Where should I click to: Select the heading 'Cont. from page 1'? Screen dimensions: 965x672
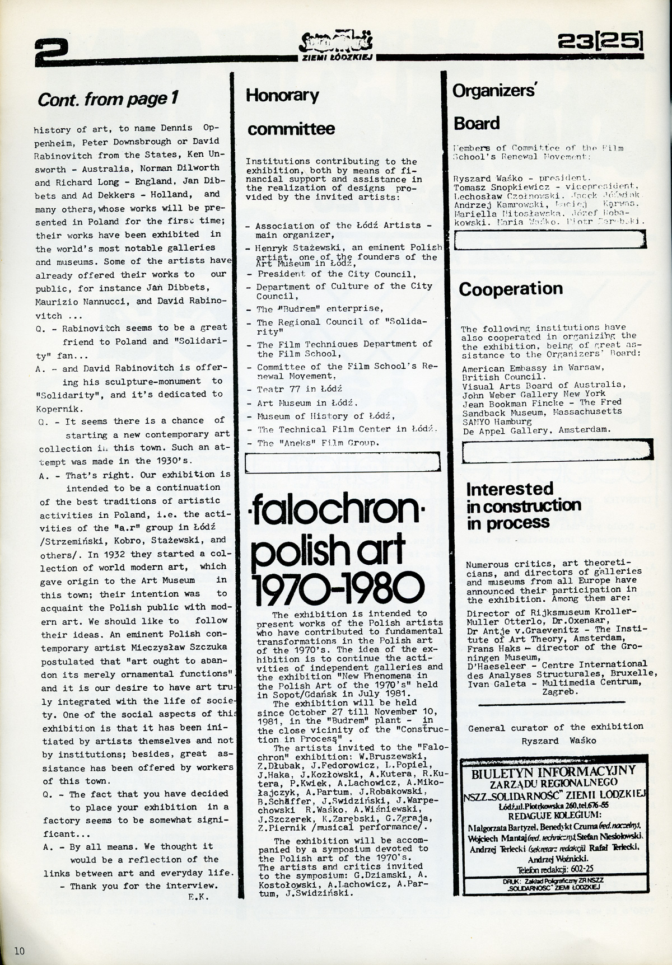(x=108, y=99)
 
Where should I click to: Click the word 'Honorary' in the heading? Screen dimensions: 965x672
(x=282, y=95)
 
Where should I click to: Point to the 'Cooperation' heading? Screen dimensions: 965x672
(x=511, y=289)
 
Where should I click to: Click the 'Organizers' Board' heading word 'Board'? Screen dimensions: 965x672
(x=476, y=123)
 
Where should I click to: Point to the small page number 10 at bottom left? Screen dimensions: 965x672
(x=20, y=950)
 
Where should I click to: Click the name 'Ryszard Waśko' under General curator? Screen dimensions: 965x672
(x=554, y=741)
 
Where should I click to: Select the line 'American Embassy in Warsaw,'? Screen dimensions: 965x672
(x=533, y=367)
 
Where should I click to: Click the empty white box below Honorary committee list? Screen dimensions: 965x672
(x=343, y=462)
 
